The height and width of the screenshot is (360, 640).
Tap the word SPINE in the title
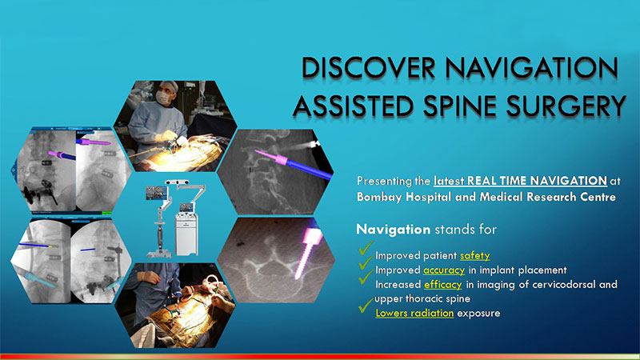click(x=460, y=106)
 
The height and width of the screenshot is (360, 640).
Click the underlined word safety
click(x=474, y=255)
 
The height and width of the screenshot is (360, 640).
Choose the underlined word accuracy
click(x=444, y=270)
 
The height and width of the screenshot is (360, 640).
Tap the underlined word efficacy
click(x=443, y=284)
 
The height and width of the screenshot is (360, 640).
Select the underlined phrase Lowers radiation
click(x=414, y=313)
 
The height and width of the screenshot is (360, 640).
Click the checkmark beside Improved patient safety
click(x=366, y=248)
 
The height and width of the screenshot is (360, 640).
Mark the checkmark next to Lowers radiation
click(x=366, y=306)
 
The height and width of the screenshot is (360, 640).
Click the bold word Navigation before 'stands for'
click(x=394, y=230)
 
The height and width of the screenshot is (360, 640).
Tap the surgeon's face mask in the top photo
click(x=164, y=97)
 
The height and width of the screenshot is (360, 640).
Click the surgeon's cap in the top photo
click(x=170, y=86)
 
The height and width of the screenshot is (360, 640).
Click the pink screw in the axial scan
click(x=308, y=253)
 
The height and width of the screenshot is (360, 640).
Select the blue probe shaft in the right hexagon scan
click(x=310, y=169)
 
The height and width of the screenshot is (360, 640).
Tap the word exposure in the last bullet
click(x=478, y=314)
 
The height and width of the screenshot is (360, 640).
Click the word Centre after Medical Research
click(x=597, y=197)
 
